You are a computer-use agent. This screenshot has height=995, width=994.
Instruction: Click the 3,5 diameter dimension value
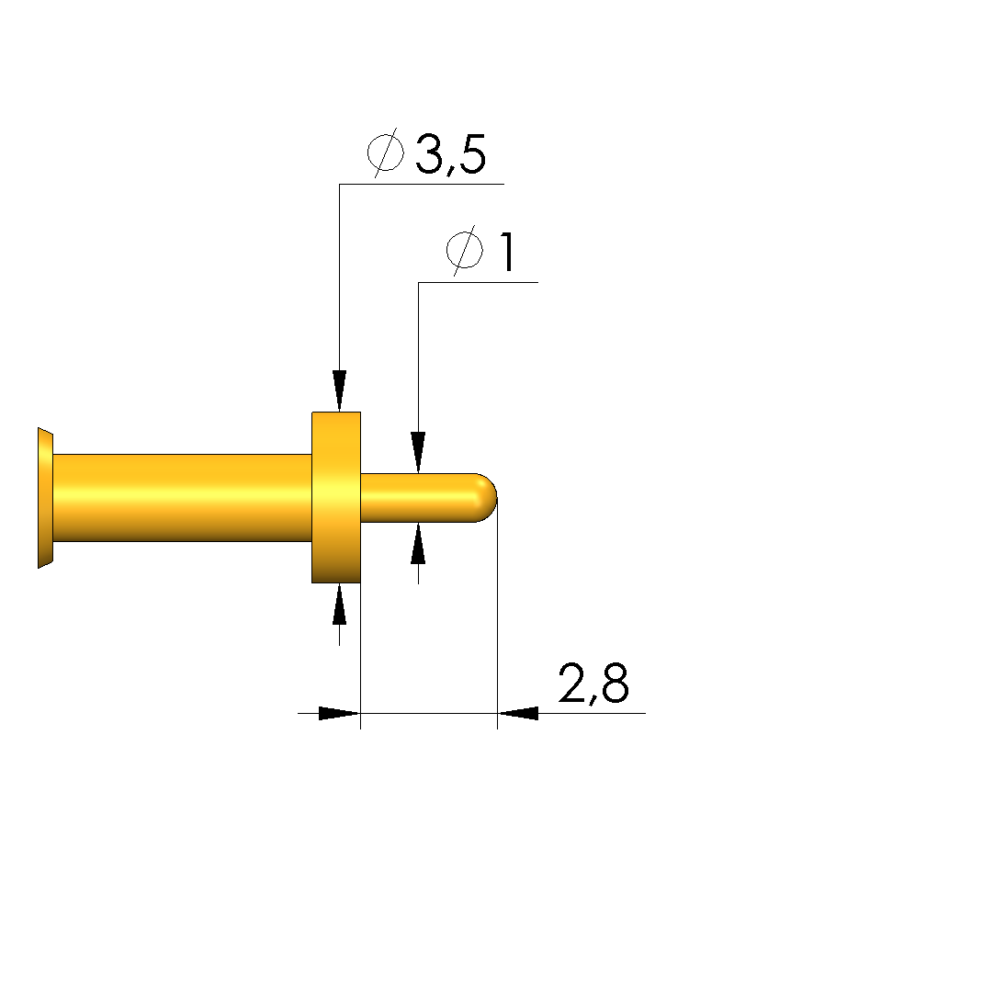pyautogui.click(x=451, y=154)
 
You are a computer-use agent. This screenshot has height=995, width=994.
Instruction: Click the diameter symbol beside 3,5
pyautogui.click(x=386, y=153)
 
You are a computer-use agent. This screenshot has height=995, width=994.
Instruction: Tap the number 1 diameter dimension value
pyautogui.click(x=506, y=252)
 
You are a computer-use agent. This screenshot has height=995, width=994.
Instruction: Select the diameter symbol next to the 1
pyautogui.click(x=465, y=251)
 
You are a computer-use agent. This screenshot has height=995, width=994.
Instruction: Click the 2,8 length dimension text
pyautogui.click(x=593, y=684)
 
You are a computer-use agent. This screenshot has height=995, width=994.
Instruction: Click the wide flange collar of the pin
pyautogui.click(x=336, y=498)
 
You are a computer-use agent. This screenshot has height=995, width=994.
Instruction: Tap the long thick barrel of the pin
pyautogui.click(x=182, y=498)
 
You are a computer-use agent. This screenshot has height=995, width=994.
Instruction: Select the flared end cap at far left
pyautogui.click(x=45, y=498)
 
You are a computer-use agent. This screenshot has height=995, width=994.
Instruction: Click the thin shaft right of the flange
pyautogui.click(x=419, y=498)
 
